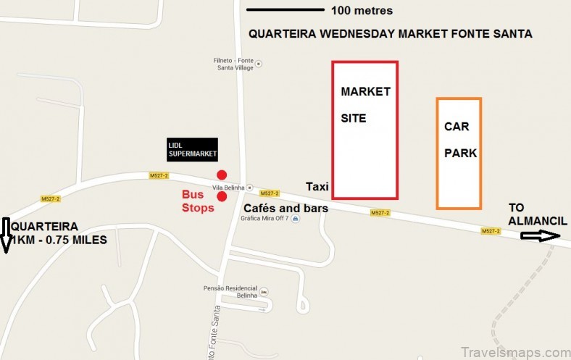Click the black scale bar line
(285, 10)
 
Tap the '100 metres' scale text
(362, 11)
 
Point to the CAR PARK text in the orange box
(459, 140)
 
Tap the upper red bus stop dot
(222, 175)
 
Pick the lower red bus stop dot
(222, 196)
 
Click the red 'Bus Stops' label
(198, 201)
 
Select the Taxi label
(317, 186)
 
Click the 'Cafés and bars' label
(285, 208)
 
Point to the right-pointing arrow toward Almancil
(540, 235)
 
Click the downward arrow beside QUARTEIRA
(6, 235)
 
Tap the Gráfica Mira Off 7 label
(267, 219)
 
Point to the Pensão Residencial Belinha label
(230, 291)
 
